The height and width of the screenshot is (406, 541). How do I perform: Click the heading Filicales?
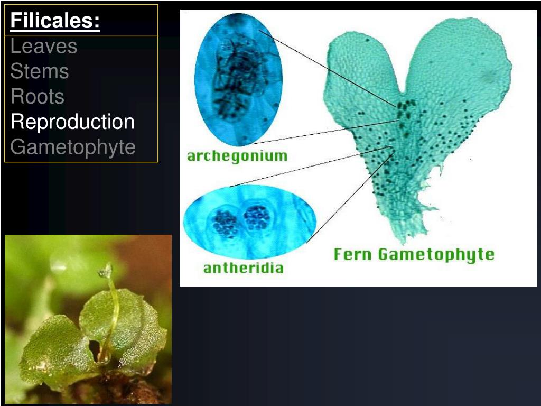(x=55, y=21)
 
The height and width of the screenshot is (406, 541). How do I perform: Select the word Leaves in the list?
(x=44, y=47)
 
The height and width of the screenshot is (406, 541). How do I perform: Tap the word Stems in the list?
(x=40, y=71)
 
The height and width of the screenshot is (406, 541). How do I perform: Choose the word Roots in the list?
(x=38, y=97)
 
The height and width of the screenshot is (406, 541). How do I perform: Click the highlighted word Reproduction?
(x=73, y=122)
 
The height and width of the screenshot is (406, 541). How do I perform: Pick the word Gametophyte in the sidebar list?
(x=73, y=147)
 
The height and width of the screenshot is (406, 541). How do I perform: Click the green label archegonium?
(x=237, y=156)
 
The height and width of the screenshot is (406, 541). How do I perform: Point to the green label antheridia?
(x=243, y=268)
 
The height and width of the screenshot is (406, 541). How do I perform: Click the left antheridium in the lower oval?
(x=225, y=223)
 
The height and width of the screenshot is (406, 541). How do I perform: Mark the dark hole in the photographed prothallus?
(x=95, y=348)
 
